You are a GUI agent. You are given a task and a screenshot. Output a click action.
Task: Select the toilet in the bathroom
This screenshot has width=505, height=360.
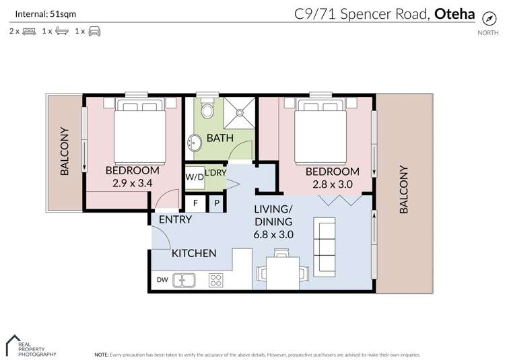click(x=208, y=108)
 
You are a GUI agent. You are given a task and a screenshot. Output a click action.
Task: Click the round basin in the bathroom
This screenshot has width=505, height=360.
click(x=195, y=143)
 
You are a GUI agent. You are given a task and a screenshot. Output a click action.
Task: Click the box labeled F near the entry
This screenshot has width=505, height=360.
click(x=195, y=202)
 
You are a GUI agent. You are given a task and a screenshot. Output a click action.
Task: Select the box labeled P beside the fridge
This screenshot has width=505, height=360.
click(x=217, y=202)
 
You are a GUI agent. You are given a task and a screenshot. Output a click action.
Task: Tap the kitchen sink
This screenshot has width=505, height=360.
click(x=183, y=279)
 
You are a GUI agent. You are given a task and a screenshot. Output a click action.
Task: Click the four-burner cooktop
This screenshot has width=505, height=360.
click(x=217, y=279)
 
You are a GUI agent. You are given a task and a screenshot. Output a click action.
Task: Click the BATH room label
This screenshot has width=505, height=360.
click(x=220, y=138)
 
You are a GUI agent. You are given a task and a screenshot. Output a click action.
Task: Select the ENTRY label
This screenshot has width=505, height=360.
click(x=175, y=219)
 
